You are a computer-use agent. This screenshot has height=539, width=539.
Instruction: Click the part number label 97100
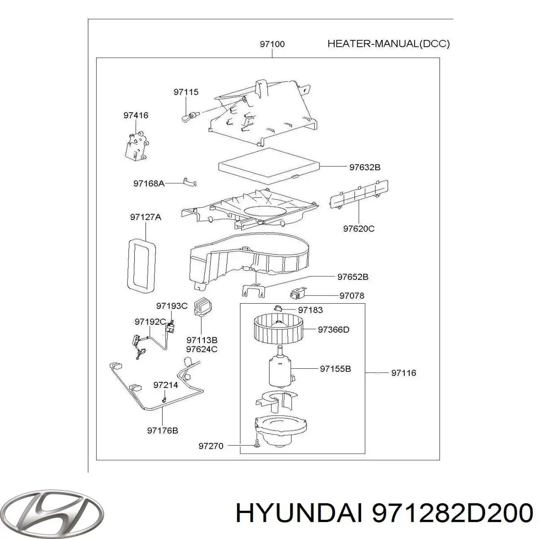coord(272,44)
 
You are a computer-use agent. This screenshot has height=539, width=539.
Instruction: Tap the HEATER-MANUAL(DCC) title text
coord(389,44)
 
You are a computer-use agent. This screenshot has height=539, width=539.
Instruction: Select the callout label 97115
coord(186,92)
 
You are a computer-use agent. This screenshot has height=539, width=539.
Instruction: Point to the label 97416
coord(136,115)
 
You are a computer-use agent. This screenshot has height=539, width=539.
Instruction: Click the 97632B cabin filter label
coord(365,167)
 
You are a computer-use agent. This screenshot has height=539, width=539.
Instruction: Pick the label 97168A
coord(149,184)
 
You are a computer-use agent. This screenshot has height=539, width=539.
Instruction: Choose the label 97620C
coord(358,229)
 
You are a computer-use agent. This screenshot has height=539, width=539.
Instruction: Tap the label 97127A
coord(146,217)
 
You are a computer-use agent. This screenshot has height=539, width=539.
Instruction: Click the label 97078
coord(352,296)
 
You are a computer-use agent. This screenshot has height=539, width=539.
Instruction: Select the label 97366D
coord(333,330)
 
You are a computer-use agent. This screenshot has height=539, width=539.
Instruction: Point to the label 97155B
coord(336,369)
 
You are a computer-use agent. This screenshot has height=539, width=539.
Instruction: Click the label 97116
coord(404,373)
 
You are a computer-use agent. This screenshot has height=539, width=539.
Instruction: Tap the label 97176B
coord(163,430)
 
